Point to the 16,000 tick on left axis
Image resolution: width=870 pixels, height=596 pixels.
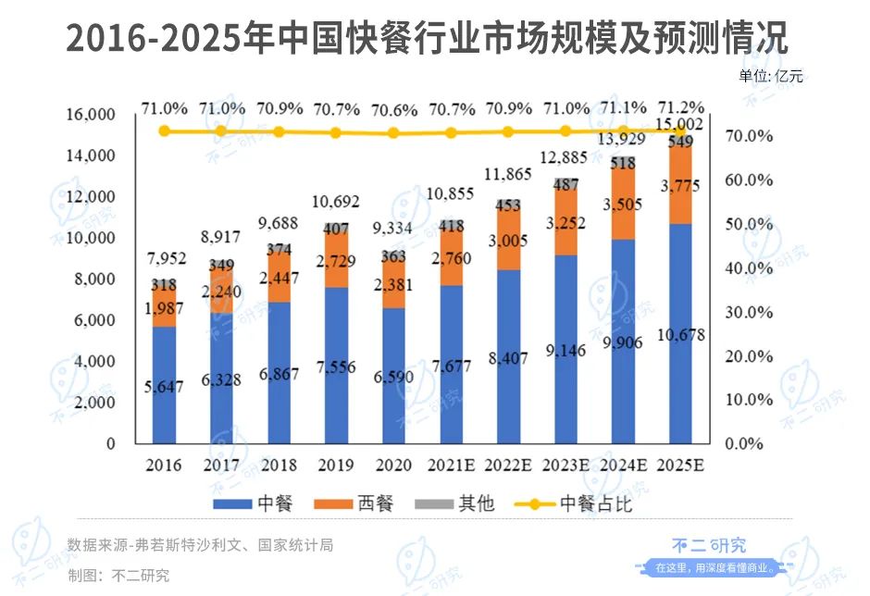[x=91, y=115]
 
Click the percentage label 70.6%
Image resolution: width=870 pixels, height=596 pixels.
[x=393, y=109]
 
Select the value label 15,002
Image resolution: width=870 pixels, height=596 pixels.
[x=679, y=124]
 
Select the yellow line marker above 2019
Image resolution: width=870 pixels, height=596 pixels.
[x=336, y=132]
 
